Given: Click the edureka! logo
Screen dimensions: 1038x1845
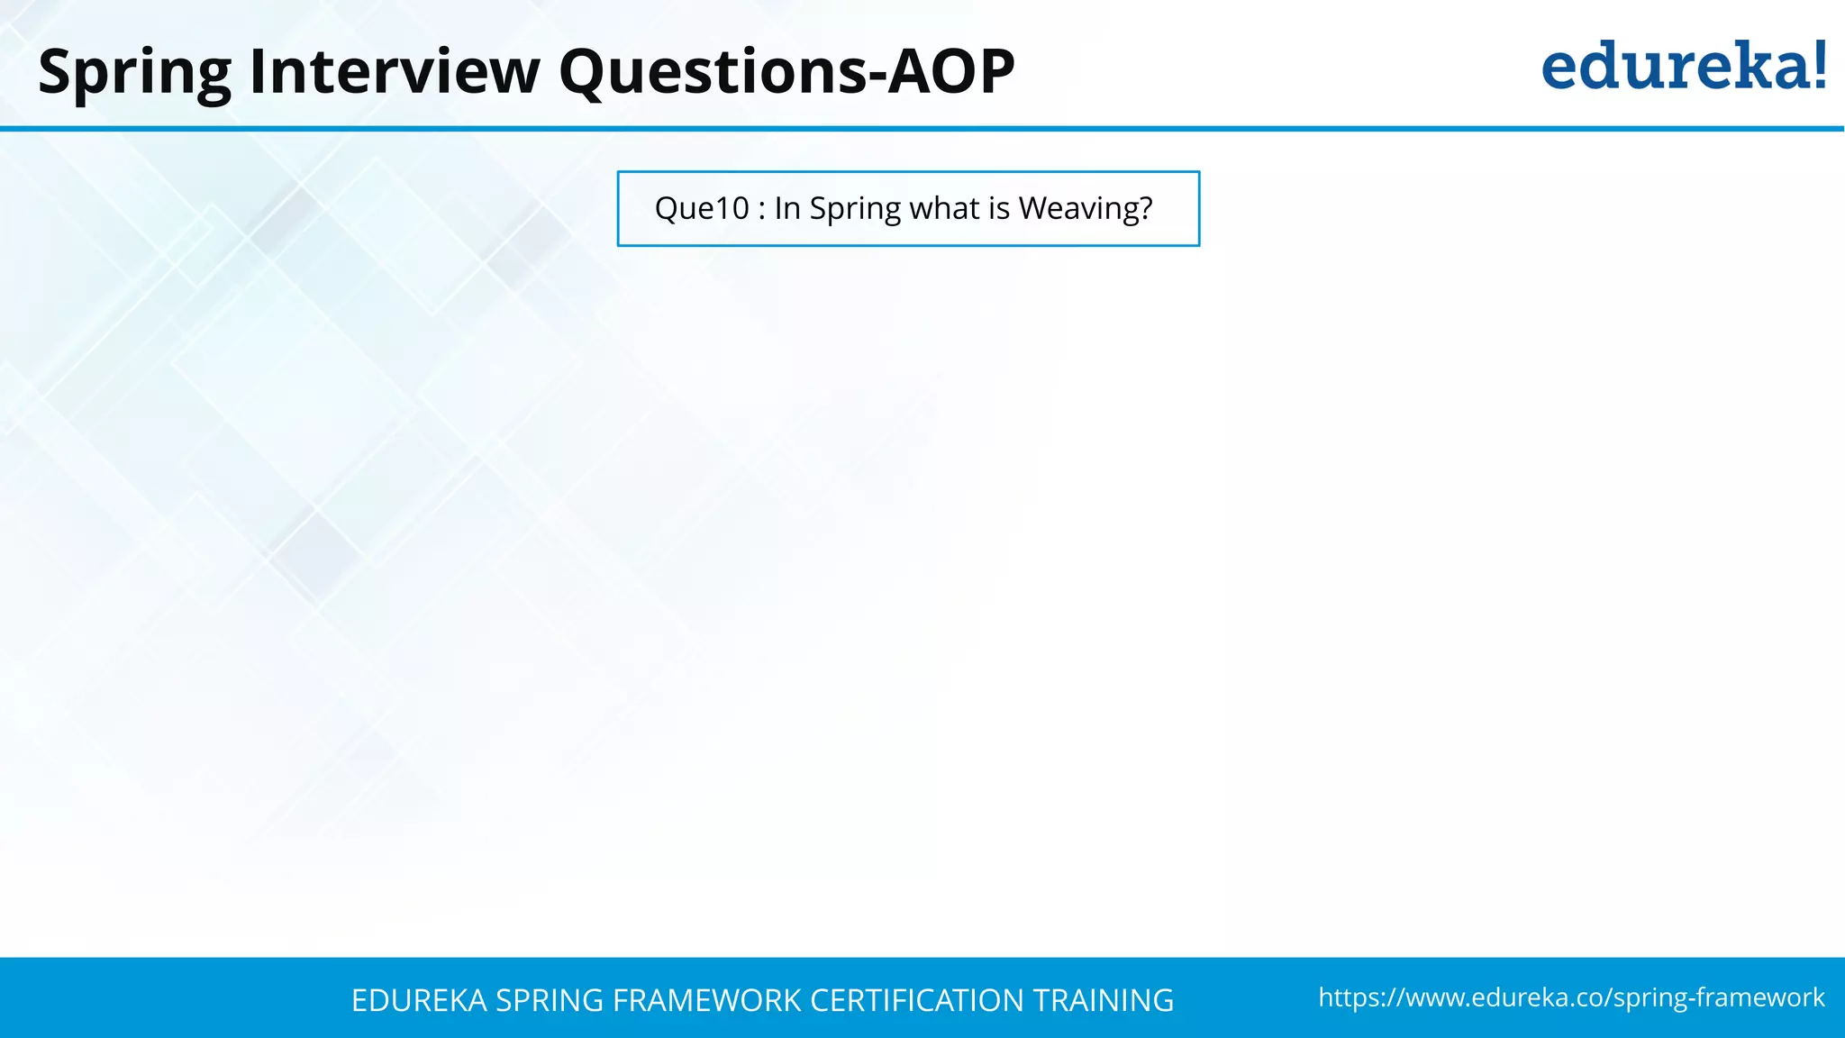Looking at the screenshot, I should (1683, 67).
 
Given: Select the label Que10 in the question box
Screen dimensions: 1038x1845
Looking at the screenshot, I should (702, 209).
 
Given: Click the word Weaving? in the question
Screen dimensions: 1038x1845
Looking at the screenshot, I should (1086, 209).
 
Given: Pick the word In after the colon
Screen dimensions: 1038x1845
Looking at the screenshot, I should (786, 209).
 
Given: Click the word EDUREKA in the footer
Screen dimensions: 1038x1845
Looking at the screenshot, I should (419, 1000).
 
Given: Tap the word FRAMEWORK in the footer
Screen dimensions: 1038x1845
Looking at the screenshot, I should (706, 1000).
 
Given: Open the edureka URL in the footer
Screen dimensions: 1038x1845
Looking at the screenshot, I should (1571, 997).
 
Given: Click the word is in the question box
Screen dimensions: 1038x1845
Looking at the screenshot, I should (999, 209).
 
